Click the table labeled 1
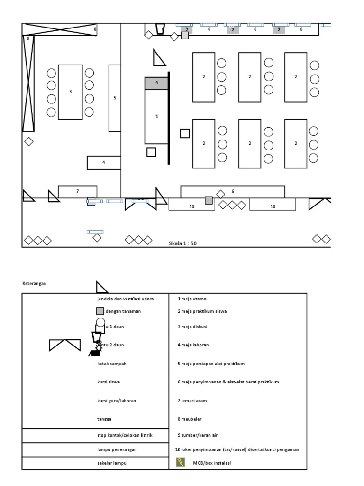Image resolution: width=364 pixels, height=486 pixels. (x=156, y=116)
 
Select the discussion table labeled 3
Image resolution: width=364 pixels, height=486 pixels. (x=70, y=92)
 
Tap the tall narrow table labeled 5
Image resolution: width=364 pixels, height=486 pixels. (x=114, y=98)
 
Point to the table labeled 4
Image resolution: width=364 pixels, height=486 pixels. (x=104, y=162)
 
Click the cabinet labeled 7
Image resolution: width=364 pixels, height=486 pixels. (x=77, y=191)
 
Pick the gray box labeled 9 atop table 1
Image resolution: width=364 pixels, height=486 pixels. (x=156, y=83)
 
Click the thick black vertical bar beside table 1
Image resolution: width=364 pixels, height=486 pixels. (x=169, y=118)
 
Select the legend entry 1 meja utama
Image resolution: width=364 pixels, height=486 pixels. (x=192, y=299)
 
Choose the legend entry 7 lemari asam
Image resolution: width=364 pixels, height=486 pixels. (x=192, y=401)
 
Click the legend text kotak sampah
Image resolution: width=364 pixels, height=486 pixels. (x=111, y=364)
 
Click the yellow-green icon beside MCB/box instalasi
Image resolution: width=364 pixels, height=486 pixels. (x=181, y=462)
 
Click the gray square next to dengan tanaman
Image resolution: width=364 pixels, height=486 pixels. (x=100, y=311)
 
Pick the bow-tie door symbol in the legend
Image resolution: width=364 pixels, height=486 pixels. (x=65, y=346)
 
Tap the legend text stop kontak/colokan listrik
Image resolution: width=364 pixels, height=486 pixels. (x=125, y=435)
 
